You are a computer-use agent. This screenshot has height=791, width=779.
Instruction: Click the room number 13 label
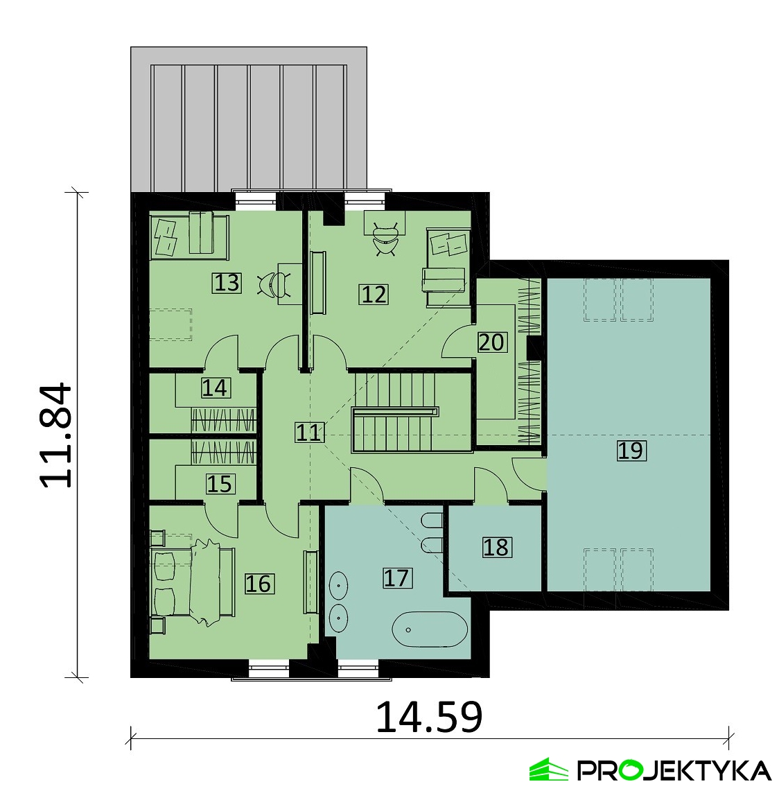pyautogui.click(x=227, y=283)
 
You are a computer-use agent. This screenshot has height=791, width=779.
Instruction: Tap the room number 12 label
pyautogui.click(x=374, y=294)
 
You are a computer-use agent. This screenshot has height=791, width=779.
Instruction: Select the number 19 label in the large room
pyautogui.click(x=631, y=451)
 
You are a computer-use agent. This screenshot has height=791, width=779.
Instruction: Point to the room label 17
pyautogui.click(x=397, y=577)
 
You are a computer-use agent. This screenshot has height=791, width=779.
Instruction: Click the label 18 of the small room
pyautogui.click(x=497, y=548)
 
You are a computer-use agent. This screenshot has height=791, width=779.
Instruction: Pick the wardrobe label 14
pyautogui.click(x=216, y=388)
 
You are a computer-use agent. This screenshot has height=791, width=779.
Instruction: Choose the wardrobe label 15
pyautogui.click(x=220, y=485)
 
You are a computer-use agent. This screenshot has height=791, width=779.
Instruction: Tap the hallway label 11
pyautogui.click(x=308, y=433)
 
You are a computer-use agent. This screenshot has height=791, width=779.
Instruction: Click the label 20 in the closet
pyautogui.click(x=491, y=342)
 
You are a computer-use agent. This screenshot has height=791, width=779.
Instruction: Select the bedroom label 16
pyautogui.click(x=259, y=584)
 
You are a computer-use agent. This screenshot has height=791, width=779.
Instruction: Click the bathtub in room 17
pyautogui.click(x=430, y=629)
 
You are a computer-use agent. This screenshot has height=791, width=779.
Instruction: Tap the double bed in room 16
pyautogui.click(x=193, y=582)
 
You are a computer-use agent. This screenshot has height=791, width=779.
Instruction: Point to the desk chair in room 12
pyautogui.click(x=386, y=240)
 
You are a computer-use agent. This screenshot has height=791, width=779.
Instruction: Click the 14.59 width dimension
pyautogui.click(x=429, y=716)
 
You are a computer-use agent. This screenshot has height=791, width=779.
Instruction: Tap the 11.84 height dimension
pyautogui.click(x=56, y=435)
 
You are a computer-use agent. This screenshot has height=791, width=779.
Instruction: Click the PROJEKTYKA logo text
pyautogui.click(x=674, y=770)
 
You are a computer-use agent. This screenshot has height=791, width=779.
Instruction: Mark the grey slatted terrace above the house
pyautogui.click(x=249, y=120)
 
